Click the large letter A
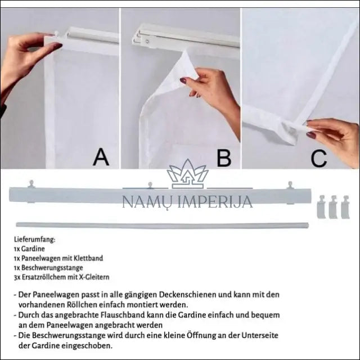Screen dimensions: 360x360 101,157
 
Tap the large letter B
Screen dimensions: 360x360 224,158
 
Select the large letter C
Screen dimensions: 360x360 319,159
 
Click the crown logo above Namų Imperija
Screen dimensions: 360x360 187,174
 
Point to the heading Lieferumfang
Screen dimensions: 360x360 35,240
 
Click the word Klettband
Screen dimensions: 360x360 88,258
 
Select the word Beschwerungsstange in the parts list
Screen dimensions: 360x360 52,268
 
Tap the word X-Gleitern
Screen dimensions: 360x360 94,277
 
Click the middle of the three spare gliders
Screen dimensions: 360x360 333,206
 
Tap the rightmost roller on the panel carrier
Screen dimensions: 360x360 290,185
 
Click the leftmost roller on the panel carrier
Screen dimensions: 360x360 31,184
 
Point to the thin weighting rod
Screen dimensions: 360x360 163,225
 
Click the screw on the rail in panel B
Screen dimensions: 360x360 147,42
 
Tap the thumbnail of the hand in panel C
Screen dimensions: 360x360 312,135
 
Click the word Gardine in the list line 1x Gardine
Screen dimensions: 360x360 33,249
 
